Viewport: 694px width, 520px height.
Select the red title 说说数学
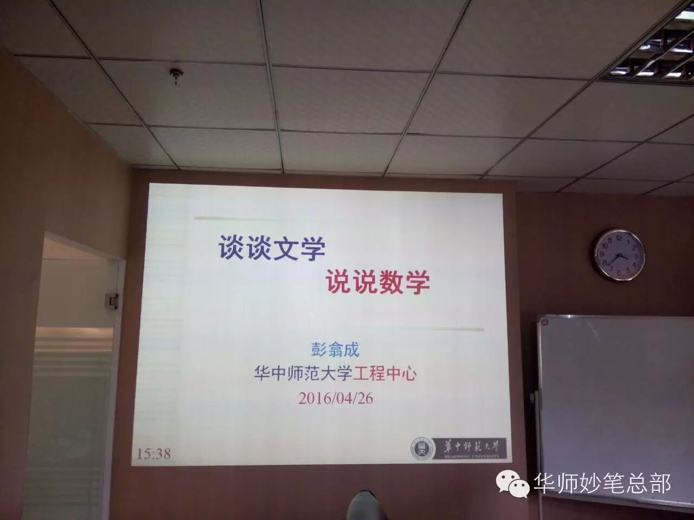coord(377,282)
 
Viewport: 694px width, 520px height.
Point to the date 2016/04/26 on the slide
coord(336,399)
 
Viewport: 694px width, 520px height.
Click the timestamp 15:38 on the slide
coord(154,453)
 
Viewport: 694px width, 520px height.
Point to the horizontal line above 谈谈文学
coord(336,219)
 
